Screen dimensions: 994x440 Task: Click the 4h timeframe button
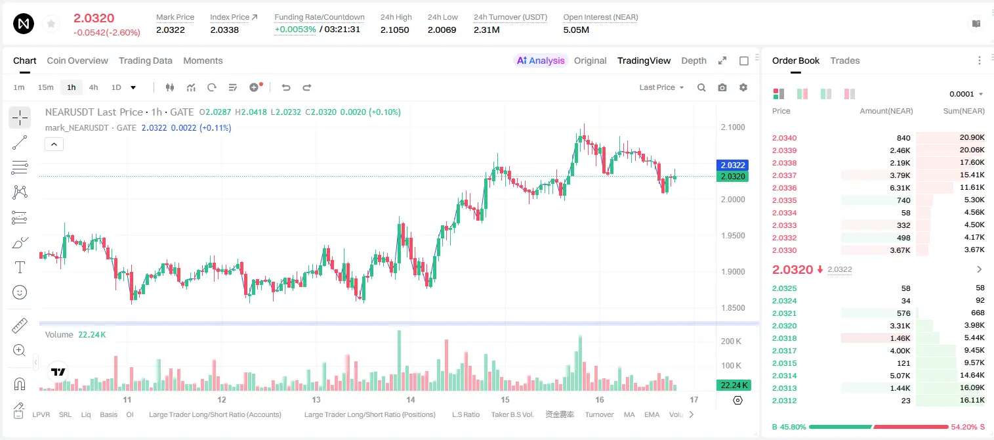(93, 87)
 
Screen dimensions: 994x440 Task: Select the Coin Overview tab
(77, 60)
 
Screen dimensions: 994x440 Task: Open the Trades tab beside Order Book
(845, 60)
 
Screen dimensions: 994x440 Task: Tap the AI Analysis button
(541, 60)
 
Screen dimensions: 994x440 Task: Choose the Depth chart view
(694, 60)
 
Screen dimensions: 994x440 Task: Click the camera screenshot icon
(722, 87)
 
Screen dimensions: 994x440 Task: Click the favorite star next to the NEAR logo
(51, 24)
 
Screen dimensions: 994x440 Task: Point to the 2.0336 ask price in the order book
(784, 188)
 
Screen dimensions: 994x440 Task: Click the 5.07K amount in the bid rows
(900, 376)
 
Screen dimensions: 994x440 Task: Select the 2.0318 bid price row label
(784, 338)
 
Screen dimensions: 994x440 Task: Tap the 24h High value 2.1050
(394, 30)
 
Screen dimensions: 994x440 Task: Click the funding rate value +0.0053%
(295, 30)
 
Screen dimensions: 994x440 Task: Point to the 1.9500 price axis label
(733, 235)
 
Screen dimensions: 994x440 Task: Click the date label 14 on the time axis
(411, 399)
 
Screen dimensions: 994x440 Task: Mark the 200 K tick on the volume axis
(731, 341)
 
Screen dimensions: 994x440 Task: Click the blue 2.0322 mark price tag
(733, 165)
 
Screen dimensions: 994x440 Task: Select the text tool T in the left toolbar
(20, 267)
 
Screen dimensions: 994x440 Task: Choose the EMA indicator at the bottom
(652, 414)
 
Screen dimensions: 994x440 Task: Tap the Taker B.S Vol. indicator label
(512, 414)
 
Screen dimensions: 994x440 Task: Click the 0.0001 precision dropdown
(966, 94)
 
